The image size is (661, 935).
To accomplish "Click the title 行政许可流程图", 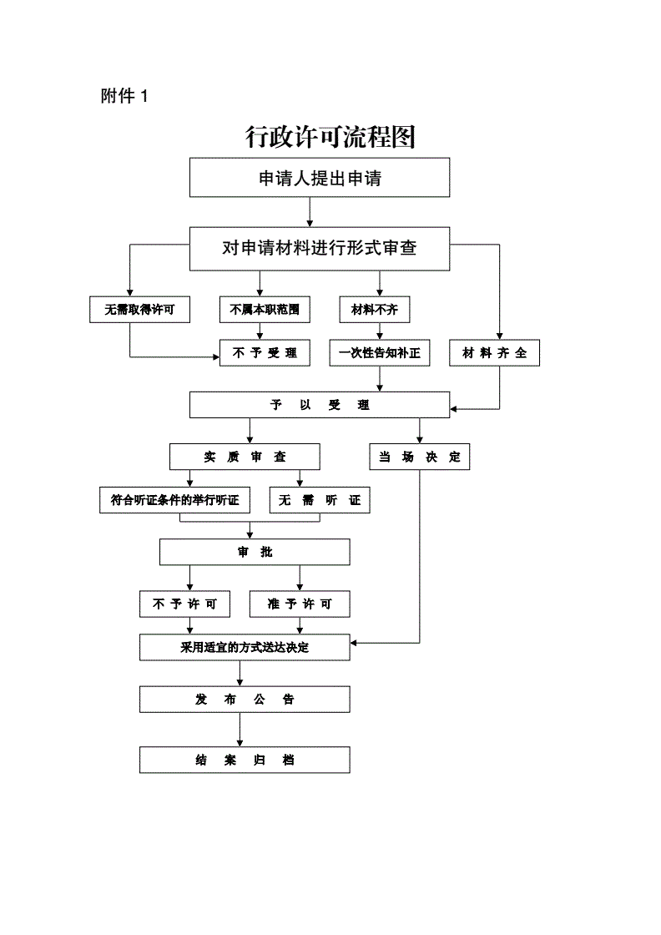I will (330, 136).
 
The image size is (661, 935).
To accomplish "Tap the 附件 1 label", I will (124, 96).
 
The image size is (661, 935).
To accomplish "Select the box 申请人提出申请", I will (320, 178).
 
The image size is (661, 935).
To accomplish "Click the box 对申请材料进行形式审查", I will (320, 248).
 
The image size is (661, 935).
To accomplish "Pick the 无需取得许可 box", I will (139, 310).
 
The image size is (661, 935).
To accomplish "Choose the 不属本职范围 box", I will (259, 310).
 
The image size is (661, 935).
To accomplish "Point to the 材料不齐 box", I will (375, 310).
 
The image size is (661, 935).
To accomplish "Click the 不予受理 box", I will (264, 353).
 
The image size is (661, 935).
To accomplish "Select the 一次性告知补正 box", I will (380, 353).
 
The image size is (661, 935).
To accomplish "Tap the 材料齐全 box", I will (494, 353).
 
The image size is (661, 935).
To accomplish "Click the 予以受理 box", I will (320, 405).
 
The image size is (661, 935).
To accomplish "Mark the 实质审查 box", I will (245, 457).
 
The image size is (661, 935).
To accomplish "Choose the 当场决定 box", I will (420, 457).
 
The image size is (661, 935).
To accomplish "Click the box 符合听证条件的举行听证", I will (174, 500).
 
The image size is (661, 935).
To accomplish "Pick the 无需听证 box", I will (320, 500).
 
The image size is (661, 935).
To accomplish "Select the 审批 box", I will (255, 552).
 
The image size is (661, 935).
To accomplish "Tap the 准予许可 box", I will (300, 604).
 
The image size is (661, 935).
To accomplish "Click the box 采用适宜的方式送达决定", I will (245, 647).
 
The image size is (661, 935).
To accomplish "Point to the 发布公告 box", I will (245, 699).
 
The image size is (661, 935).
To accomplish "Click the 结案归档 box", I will (245, 760).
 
